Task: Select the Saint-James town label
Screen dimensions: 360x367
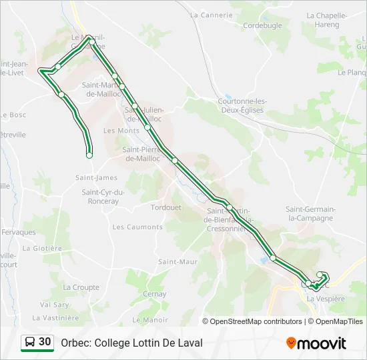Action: tap(96, 177)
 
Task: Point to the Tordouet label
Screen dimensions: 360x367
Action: tap(165, 207)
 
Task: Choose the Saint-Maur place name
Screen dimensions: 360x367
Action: tap(177, 262)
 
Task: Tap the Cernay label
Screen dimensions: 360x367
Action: tap(154, 293)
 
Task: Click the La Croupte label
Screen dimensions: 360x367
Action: tap(81, 287)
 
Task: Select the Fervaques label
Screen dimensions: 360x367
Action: tap(19, 232)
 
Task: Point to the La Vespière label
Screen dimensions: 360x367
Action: tap(326, 299)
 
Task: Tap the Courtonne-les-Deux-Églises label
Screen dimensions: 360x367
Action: tap(241, 105)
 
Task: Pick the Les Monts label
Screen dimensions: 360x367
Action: tap(121, 131)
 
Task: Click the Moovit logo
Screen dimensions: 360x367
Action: tap(316, 343)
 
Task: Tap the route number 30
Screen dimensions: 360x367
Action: tap(45, 342)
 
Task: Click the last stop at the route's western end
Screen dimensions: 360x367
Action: tap(89, 155)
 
